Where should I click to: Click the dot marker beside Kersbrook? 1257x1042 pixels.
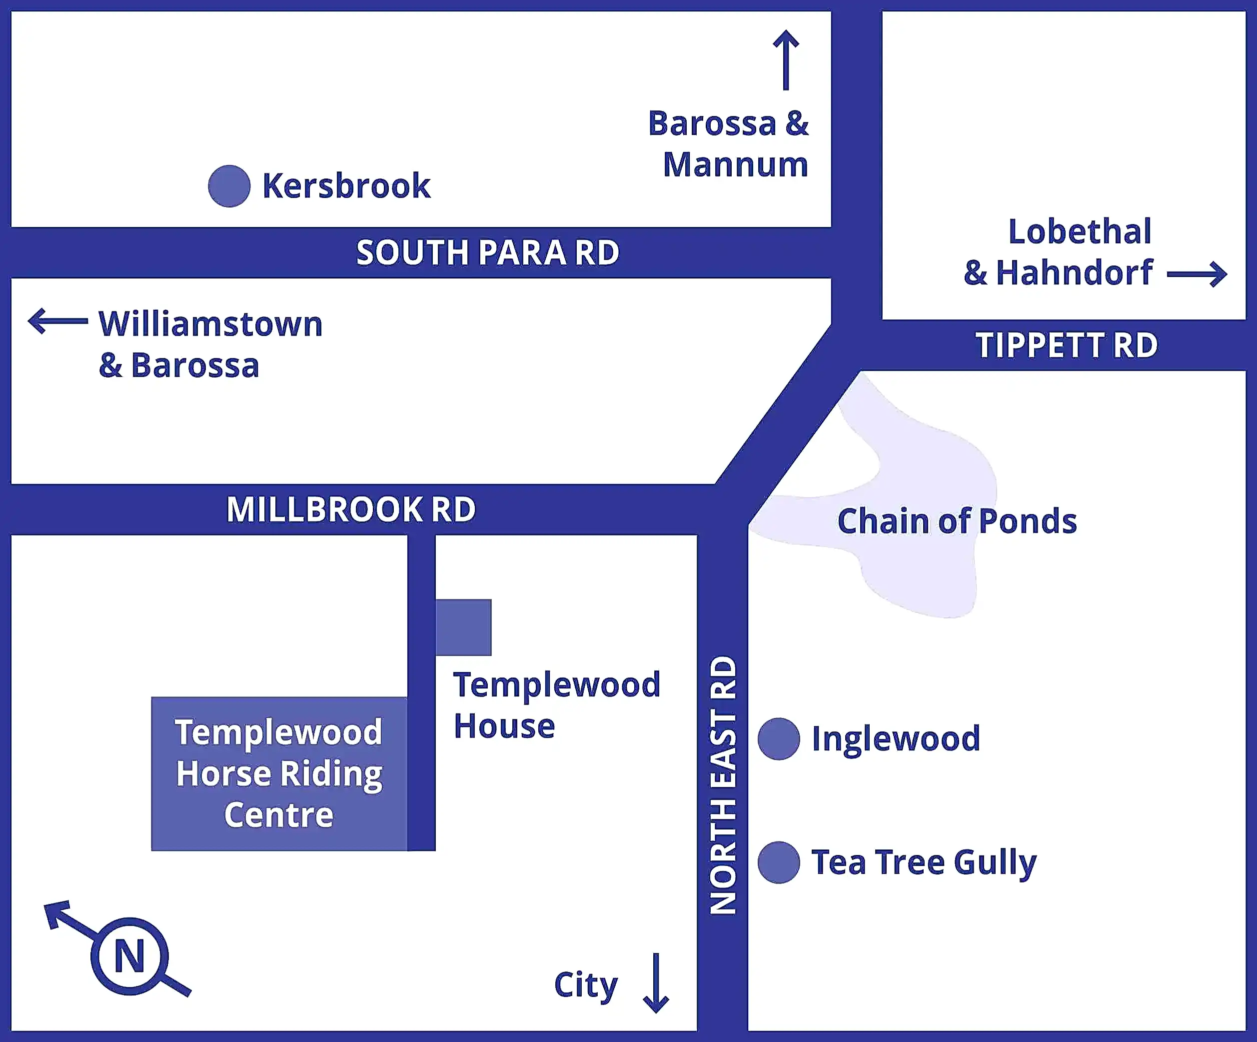pos(229,186)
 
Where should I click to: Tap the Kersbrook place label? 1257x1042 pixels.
pos(346,186)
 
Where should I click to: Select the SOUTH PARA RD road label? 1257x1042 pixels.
pos(487,252)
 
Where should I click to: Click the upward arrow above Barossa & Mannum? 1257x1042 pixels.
pos(786,60)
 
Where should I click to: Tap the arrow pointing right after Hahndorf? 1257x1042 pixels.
pos(1197,274)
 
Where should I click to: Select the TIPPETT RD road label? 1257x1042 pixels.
pos(1067,345)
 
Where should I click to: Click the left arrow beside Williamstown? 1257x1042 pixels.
pos(58,321)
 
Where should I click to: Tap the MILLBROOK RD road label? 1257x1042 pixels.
pos(351,509)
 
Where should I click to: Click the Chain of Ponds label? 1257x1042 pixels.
pos(957,521)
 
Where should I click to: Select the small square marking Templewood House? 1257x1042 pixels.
pos(464,627)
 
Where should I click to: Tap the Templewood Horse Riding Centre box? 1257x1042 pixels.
pos(279,773)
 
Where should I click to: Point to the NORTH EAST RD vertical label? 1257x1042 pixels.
pos(723,784)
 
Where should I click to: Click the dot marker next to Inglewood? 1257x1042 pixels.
pos(779,739)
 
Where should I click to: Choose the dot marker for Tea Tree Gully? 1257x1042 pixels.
pos(779,862)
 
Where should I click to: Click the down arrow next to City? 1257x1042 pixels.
pos(656,982)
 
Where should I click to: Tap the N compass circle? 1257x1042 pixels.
pos(130,956)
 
